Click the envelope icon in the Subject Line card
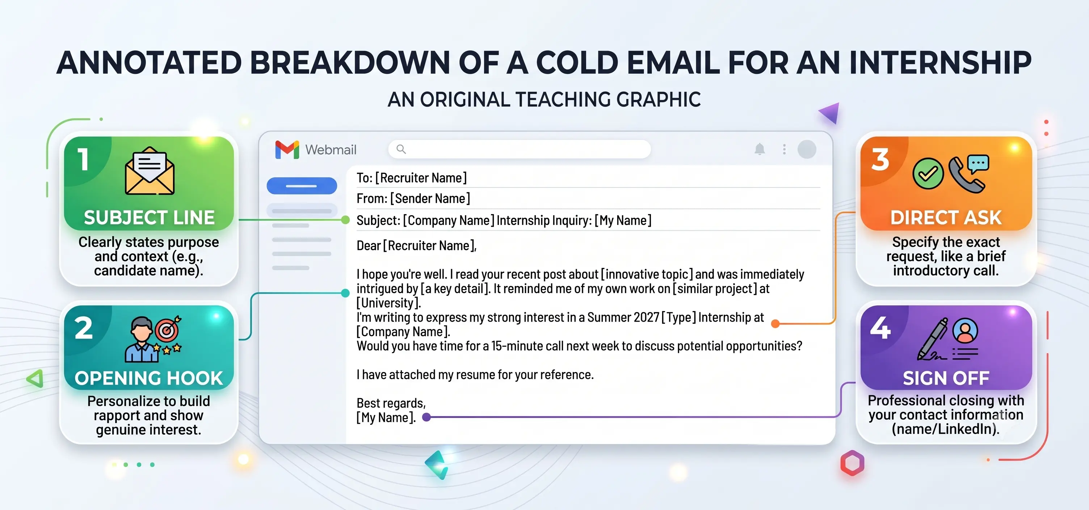(150, 171)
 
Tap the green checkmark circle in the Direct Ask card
(928, 174)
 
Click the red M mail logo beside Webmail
(287, 150)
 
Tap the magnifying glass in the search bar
(401, 149)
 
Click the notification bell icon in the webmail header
(760, 149)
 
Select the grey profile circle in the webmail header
(807, 149)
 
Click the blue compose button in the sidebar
(302, 186)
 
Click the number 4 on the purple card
(880, 328)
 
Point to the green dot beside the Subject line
(345, 220)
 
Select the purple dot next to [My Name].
(426, 417)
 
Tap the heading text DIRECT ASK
(946, 218)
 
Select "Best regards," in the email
(391, 404)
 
